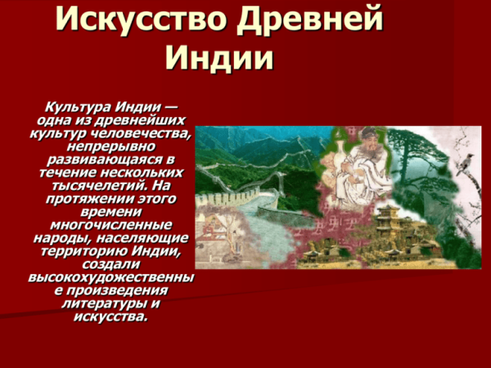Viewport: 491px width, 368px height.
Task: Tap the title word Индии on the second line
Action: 218,58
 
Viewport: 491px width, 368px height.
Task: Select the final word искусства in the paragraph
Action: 111,316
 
